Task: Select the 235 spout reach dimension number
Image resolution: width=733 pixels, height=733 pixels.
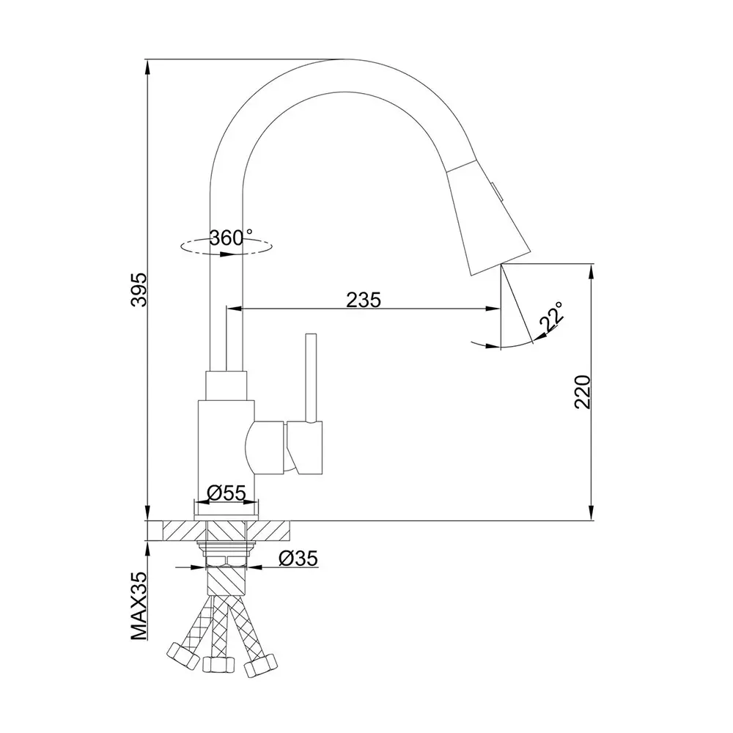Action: pyautogui.click(x=364, y=299)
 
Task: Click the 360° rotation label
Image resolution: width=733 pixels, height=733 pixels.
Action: pyautogui.click(x=230, y=237)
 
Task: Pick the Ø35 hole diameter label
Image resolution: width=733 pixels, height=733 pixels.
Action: pyautogui.click(x=298, y=559)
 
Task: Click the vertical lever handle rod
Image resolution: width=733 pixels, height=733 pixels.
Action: pyautogui.click(x=312, y=377)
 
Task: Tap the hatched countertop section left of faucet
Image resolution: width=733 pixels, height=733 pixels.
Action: pyautogui.click(x=172, y=531)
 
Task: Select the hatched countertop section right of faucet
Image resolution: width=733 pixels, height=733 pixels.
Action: pyautogui.click(x=279, y=531)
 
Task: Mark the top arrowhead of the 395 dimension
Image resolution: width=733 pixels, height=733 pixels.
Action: pyautogui.click(x=148, y=65)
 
